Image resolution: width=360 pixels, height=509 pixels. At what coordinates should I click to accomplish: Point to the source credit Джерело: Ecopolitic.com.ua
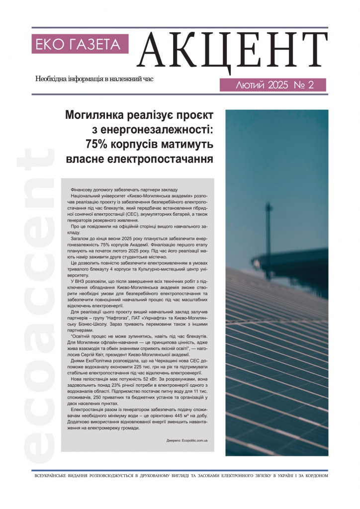(x=187, y=441)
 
